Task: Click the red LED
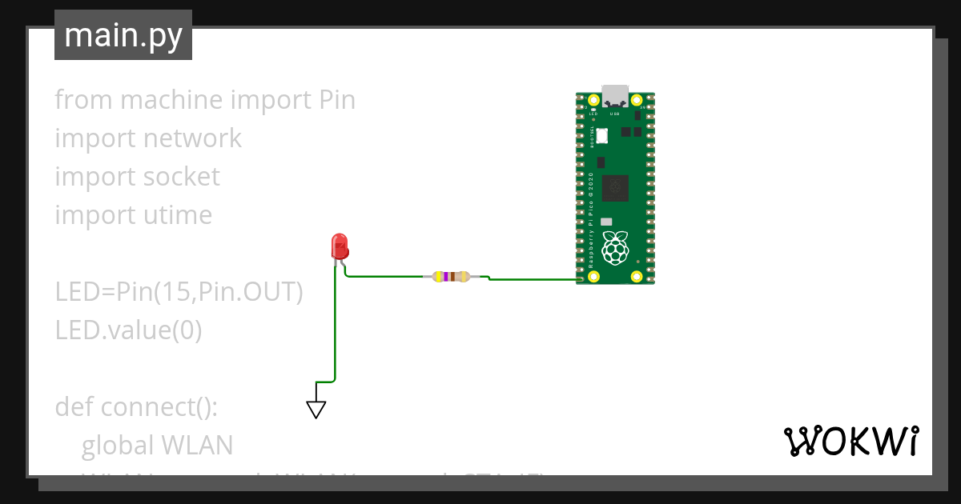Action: point(340,246)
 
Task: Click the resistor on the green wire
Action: point(450,277)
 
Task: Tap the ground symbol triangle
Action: point(316,410)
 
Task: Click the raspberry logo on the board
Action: point(615,248)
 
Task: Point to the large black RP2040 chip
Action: point(615,189)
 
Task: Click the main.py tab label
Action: point(123,35)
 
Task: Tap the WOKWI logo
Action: point(850,441)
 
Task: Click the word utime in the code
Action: point(178,215)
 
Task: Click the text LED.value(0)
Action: point(128,330)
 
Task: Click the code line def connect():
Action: point(136,406)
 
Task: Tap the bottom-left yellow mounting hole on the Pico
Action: point(593,277)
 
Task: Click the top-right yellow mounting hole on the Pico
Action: point(637,101)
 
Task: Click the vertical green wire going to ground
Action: point(335,328)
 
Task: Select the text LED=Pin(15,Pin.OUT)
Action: point(179,292)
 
